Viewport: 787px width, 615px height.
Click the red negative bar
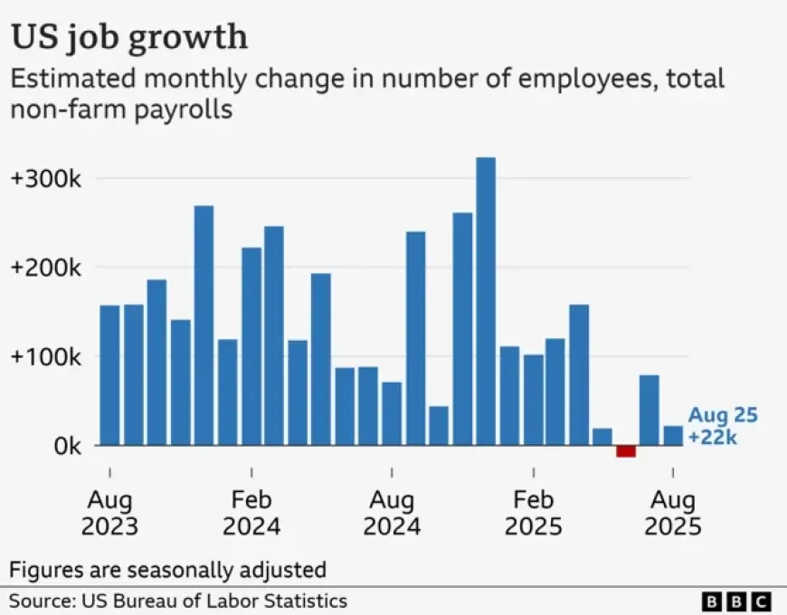(x=626, y=450)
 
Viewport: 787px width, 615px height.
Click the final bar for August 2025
(x=673, y=436)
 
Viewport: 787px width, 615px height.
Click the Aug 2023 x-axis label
(x=109, y=513)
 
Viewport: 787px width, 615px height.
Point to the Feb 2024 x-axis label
(x=251, y=513)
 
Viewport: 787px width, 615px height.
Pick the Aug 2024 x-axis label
(x=392, y=513)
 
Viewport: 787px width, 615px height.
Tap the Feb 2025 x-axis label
(x=533, y=513)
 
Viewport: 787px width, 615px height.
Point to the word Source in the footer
(x=40, y=601)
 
